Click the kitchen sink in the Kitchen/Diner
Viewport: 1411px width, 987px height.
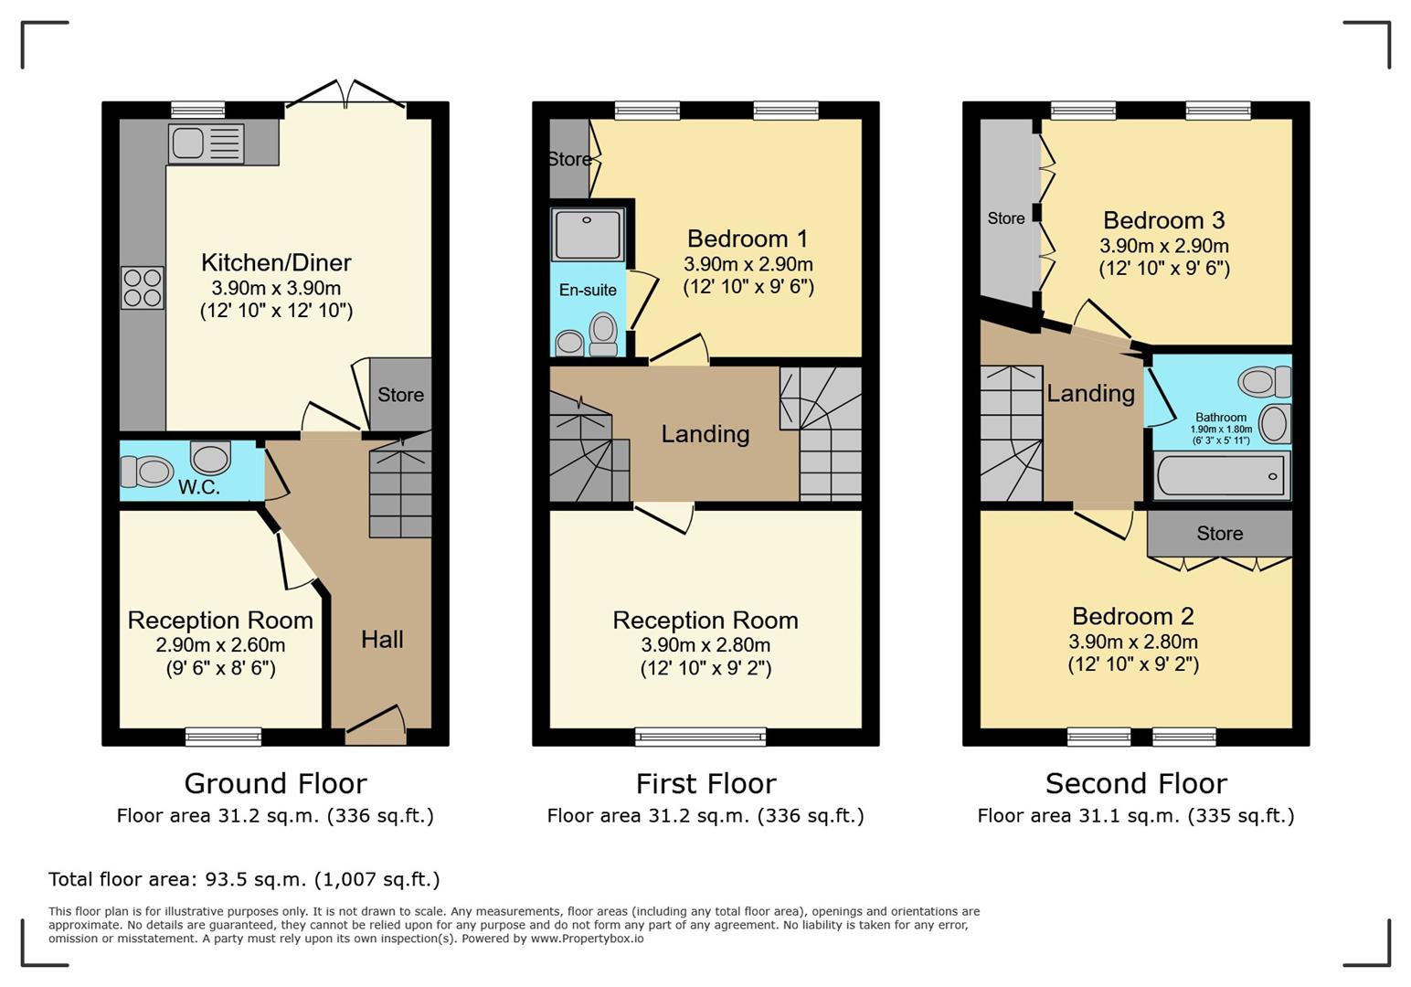click(x=206, y=143)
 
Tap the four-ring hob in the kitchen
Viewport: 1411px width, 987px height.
click(x=143, y=288)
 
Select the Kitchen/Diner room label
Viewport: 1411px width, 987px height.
click(x=276, y=262)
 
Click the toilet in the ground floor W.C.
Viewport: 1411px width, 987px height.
click(x=147, y=472)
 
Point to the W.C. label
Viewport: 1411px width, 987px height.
click(x=199, y=487)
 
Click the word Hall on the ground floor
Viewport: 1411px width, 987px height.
click(x=382, y=640)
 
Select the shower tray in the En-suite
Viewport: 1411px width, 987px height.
click(x=588, y=235)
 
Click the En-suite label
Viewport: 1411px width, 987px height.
click(x=588, y=290)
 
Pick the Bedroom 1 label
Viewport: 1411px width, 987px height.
click(x=747, y=239)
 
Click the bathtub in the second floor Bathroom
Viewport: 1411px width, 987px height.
click(x=1222, y=475)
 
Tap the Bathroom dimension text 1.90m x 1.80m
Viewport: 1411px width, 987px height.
click(x=1221, y=429)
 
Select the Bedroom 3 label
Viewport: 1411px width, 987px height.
click(x=1163, y=220)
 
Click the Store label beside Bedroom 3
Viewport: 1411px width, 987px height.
click(x=1006, y=218)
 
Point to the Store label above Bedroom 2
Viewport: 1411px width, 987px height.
click(x=1219, y=533)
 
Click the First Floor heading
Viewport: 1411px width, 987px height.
click(x=705, y=783)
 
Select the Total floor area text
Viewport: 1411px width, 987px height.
click(x=244, y=878)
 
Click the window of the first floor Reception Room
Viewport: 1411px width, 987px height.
click(x=700, y=737)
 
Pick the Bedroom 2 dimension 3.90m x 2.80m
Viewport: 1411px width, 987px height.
click(x=1132, y=642)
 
